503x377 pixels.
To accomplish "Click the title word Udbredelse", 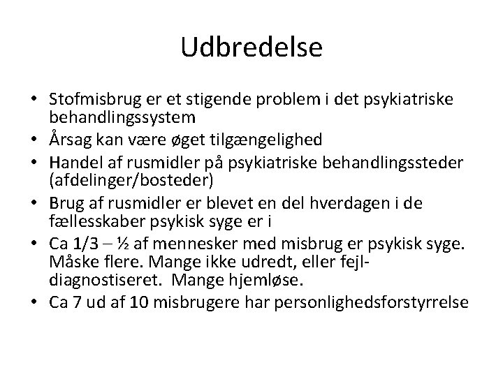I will pyautogui.click(x=251, y=47).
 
